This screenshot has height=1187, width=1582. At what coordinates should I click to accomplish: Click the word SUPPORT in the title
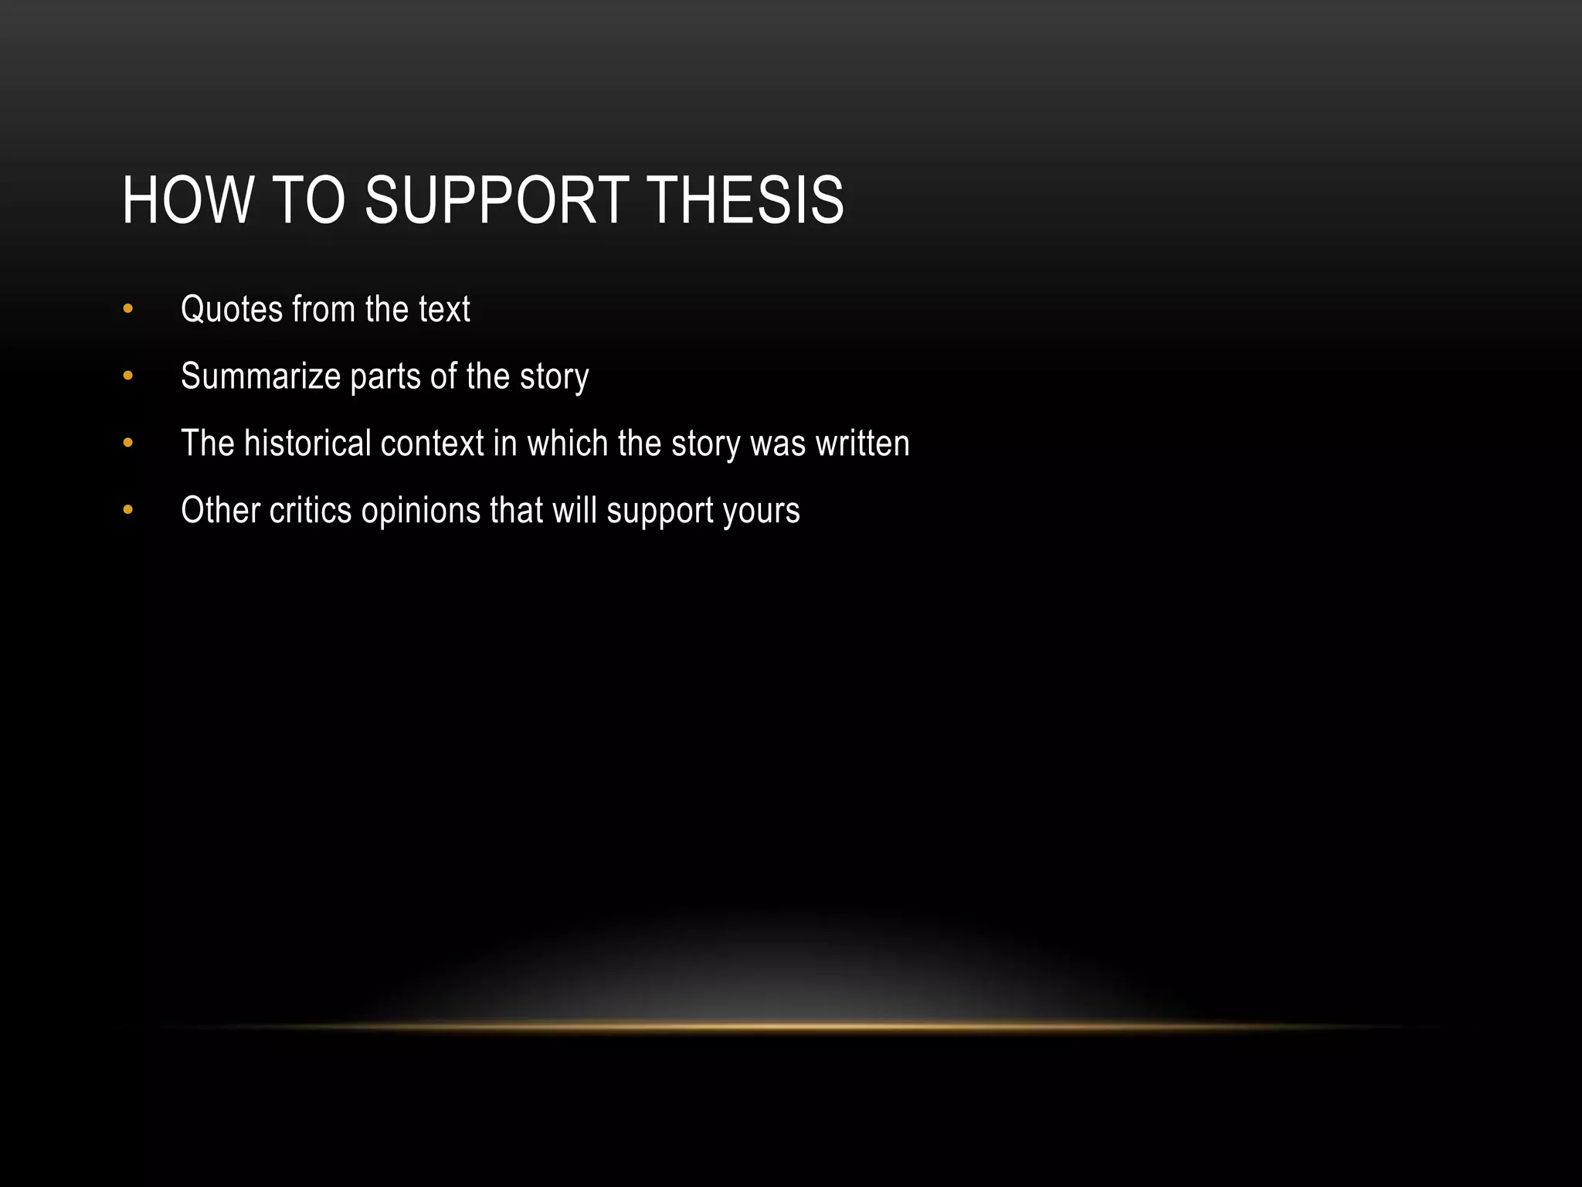pos(496,201)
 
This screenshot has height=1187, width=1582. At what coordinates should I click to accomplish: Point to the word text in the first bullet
pos(444,310)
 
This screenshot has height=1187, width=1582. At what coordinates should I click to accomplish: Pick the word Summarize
pos(260,377)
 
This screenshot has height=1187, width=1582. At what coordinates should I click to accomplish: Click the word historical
pos(307,444)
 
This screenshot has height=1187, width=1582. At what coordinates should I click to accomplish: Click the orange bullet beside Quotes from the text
pos(128,310)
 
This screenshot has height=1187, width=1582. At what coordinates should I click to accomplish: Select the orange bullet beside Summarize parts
pos(128,377)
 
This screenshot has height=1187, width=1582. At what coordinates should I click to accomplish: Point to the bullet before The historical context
pos(128,444)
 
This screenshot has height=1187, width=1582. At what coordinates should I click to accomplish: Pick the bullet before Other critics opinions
pos(128,511)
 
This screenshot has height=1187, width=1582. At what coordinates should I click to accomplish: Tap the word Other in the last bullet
pos(220,511)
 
